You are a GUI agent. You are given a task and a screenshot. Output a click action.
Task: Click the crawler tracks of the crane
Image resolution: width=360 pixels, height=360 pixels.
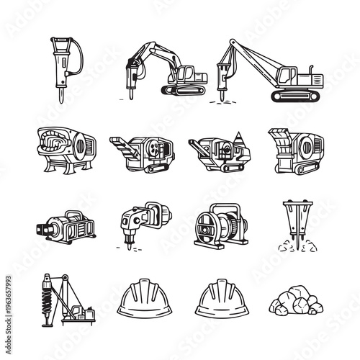pyautogui.click(x=292, y=95)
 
